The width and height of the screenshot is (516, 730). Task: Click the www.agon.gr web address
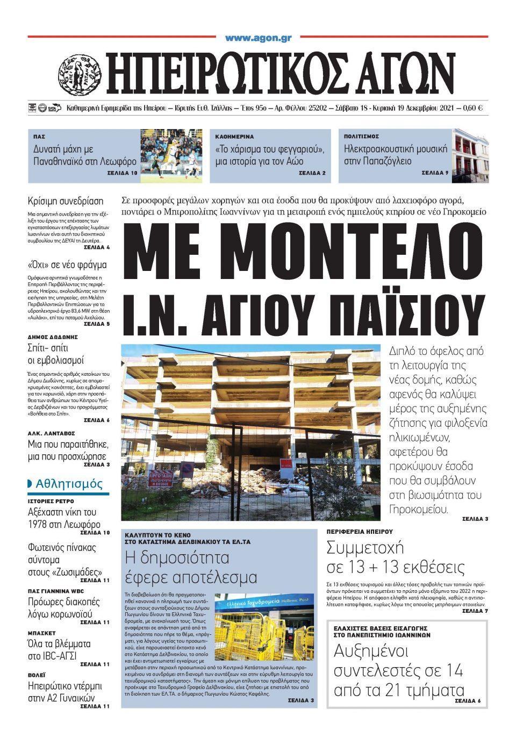point(258,38)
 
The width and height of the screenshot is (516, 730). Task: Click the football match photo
point(171,156)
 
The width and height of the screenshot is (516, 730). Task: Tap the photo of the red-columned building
point(470,156)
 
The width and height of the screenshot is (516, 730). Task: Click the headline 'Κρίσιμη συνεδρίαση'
point(65,202)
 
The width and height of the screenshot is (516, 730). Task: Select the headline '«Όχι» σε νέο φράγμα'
point(67,264)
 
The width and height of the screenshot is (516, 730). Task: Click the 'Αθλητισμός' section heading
point(69,484)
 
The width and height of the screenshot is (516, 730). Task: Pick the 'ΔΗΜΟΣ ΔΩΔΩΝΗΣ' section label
point(53,337)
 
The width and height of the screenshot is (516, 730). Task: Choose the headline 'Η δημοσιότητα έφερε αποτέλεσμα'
point(191,567)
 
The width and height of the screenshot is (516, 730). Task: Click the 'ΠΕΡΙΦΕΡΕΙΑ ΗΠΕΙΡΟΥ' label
point(360,531)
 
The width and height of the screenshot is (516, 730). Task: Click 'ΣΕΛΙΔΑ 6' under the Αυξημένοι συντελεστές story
point(468,701)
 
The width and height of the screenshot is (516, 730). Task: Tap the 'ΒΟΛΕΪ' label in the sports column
point(37,674)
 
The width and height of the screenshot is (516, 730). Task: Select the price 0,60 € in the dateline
point(473,108)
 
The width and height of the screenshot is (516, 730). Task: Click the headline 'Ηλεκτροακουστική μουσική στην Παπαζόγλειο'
point(396,155)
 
